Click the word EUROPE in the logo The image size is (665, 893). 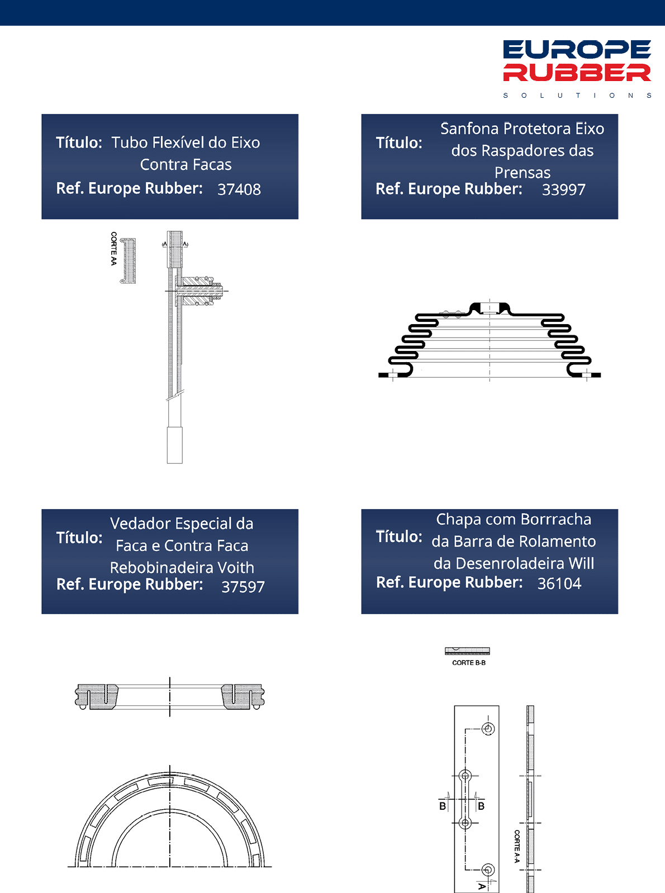(577, 49)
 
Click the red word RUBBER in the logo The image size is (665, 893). (577, 72)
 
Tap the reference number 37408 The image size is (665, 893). (239, 189)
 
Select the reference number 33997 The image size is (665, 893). (563, 189)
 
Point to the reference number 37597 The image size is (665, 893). (243, 587)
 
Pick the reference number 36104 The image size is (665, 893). (559, 583)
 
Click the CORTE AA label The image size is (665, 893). (113, 249)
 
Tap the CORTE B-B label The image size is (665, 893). (469, 663)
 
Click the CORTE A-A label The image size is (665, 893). (517, 846)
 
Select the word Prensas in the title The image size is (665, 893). (522, 173)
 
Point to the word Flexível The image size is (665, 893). (178, 142)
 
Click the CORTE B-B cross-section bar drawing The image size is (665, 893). (467, 650)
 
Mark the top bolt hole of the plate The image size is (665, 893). (488, 729)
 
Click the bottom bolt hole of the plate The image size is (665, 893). (488, 870)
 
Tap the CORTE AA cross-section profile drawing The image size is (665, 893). (129, 260)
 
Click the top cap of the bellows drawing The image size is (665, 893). (490, 309)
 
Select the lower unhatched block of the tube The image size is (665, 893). (175, 445)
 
